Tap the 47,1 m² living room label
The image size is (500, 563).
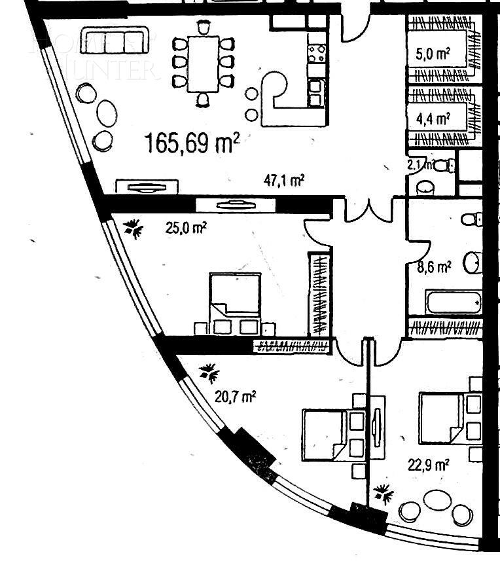pyautogui.click(x=283, y=181)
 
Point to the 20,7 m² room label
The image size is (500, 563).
pyautogui.click(x=235, y=396)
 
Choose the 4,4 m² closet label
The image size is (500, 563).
pyautogui.click(x=433, y=118)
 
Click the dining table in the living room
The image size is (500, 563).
pyautogui.click(x=203, y=64)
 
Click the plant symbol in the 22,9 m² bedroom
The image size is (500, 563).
pyautogui.click(x=383, y=493)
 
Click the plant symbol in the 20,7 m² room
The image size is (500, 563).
pyautogui.click(x=209, y=373)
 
